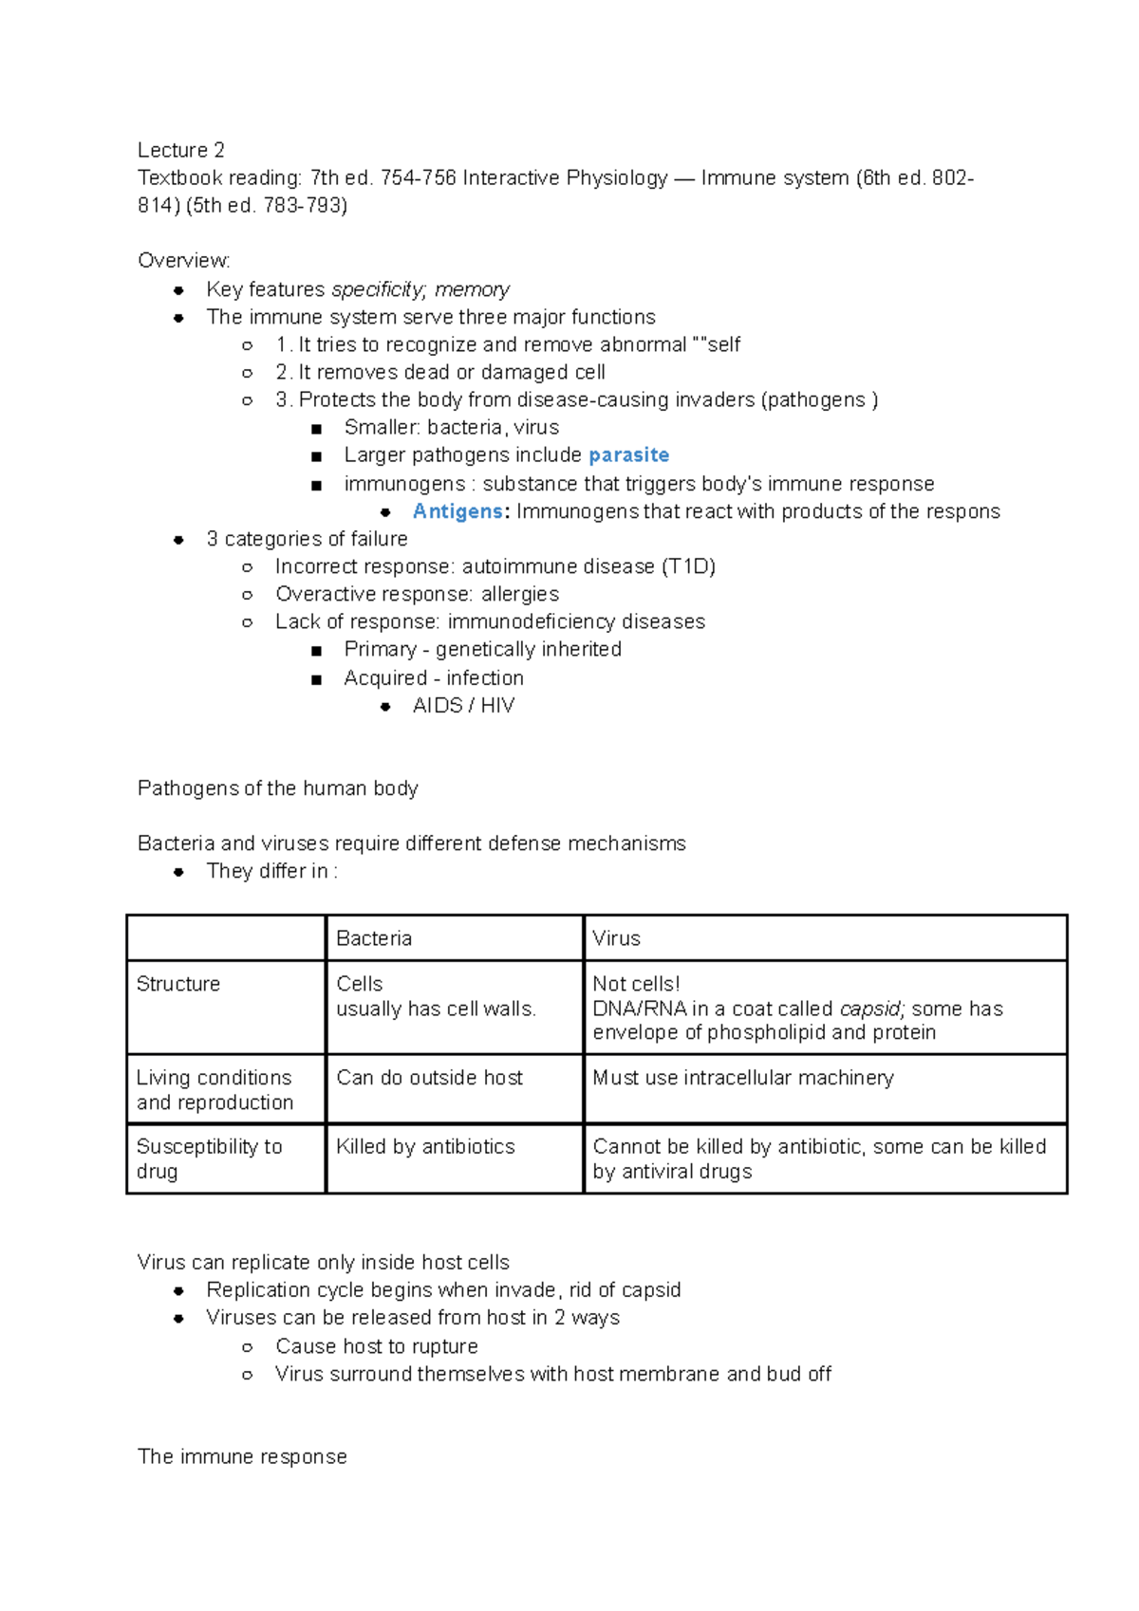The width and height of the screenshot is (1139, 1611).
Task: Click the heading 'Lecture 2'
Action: [180, 150]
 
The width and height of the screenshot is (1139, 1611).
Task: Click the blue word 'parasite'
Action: [628, 455]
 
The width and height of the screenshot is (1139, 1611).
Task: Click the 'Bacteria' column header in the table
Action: [374, 938]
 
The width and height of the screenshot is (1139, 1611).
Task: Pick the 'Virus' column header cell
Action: [616, 938]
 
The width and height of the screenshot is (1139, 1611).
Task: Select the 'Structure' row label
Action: [178, 984]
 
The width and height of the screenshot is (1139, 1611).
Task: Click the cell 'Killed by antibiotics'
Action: [425, 1146]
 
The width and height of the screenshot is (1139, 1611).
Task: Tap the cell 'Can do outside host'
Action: [429, 1078]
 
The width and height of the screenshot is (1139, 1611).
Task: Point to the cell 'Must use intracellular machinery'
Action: [742, 1078]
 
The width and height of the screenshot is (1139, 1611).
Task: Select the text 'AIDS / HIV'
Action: [463, 706]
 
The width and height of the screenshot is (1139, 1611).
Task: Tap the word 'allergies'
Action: [519, 594]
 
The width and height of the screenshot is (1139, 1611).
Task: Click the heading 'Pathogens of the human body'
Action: [277, 788]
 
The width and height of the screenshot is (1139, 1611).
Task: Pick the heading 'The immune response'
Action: [242, 1456]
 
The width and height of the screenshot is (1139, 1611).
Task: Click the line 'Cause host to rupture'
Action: [376, 1346]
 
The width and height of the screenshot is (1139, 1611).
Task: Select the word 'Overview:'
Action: [183, 261]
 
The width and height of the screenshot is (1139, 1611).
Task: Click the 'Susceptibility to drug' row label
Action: [209, 1158]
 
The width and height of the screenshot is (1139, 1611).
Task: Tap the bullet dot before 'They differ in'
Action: [178, 872]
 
